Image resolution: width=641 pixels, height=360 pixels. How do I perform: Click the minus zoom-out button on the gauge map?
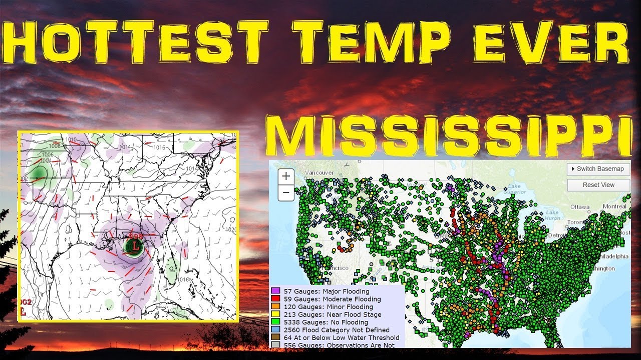(x=286, y=192)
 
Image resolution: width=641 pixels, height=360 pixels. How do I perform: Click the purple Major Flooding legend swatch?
(x=275, y=291)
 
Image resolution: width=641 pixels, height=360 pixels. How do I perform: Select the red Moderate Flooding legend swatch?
(x=275, y=299)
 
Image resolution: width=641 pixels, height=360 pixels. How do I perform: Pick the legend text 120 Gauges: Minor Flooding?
(x=328, y=306)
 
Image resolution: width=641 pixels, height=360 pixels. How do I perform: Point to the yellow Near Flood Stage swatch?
(x=275, y=314)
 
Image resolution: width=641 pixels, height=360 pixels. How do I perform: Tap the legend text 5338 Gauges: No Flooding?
(x=326, y=322)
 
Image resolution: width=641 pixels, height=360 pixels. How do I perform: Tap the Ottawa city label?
(x=580, y=206)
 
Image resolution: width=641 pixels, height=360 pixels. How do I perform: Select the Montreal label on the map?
(x=614, y=206)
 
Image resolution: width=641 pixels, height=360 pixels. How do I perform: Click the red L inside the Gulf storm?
(x=135, y=245)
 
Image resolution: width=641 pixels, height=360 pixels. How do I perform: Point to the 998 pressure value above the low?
(x=136, y=236)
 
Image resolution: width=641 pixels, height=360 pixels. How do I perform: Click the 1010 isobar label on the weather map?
(x=71, y=139)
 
